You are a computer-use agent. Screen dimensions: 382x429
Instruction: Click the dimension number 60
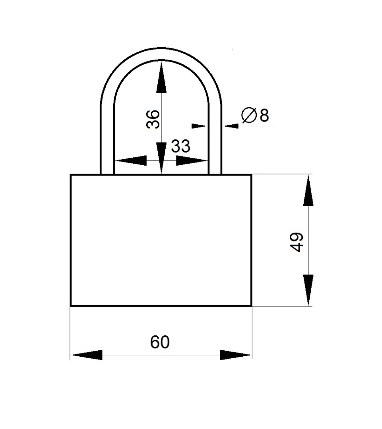click(x=160, y=342)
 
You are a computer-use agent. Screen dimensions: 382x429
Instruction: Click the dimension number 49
click(x=297, y=242)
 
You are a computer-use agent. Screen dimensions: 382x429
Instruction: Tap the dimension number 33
click(x=181, y=146)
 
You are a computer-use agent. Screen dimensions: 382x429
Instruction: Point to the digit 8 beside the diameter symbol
click(x=264, y=115)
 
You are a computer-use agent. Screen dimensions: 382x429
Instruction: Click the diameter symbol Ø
click(x=249, y=115)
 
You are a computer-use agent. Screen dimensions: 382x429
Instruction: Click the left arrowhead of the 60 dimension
click(x=86, y=355)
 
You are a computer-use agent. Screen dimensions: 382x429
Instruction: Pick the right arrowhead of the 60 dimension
click(x=236, y=355)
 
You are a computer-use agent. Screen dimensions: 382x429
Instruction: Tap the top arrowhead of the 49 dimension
click(x=308, y=190)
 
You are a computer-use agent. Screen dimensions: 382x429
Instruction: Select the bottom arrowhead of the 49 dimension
click(x=308, y=290)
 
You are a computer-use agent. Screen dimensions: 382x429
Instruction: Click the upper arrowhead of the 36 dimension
click(x=161, y=77)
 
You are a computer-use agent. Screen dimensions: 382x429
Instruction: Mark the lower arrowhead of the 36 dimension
click(x=161, y=158)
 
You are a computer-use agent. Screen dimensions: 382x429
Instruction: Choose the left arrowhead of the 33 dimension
click(x=130, y=160)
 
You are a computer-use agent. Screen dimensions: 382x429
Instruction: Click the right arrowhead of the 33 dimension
click(x=192, y=160)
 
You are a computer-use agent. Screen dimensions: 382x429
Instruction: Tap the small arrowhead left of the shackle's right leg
click(x=200, y=126)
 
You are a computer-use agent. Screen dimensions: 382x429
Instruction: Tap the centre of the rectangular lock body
click(x=161, y=240)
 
